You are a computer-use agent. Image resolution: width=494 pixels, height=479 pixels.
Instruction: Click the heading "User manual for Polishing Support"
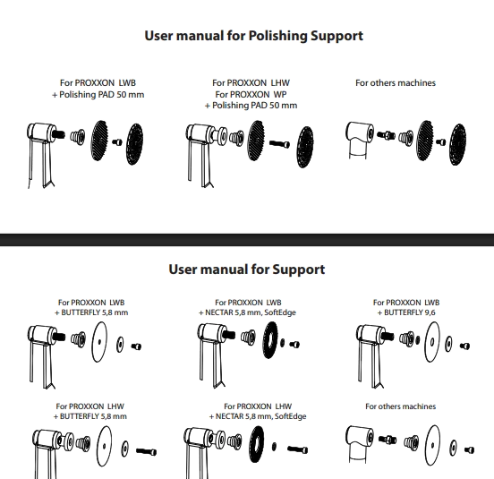point(253,36)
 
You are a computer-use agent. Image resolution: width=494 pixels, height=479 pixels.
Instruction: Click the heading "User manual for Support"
point(247,269)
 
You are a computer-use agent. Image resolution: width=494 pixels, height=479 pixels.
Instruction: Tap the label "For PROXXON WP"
point(251,94)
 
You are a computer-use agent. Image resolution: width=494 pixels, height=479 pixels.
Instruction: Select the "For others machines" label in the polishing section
point(396,83)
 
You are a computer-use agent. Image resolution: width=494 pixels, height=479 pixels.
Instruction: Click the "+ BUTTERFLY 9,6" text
point(406,312)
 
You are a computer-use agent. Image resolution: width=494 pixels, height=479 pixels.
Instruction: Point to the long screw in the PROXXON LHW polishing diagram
point(279,144)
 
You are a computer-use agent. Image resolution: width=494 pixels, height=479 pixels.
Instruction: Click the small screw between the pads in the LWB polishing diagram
point(117,142)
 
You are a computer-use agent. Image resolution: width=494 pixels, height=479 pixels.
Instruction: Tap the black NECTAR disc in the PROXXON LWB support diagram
point(270,340)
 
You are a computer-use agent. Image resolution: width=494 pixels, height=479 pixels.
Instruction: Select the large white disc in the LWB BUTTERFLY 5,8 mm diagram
point(99,342)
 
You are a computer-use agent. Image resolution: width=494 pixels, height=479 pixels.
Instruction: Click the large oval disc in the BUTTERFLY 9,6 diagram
point(432,342)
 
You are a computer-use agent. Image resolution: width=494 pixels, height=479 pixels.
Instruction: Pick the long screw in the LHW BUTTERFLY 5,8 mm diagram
point(146,451)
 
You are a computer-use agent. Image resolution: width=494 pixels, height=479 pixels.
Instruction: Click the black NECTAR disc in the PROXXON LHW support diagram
point(257,444)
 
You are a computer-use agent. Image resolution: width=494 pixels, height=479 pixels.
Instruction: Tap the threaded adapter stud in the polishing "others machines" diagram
point(386,135)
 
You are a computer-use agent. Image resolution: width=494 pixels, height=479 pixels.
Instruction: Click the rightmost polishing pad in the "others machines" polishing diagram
point(458,144)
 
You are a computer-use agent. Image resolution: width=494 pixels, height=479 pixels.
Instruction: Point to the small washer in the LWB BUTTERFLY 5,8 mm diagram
point(120,345)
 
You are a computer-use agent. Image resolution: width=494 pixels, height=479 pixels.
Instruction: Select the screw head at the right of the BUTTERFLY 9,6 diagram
point(465,346)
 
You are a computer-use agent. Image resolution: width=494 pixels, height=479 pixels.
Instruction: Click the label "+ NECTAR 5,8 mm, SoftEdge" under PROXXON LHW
point(258,416)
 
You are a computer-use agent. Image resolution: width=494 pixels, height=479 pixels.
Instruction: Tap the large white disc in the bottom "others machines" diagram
point(432,445)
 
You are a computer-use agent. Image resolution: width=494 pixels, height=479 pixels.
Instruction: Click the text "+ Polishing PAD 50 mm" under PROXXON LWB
point(98,95)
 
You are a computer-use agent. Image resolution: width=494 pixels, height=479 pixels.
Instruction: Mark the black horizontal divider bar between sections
point(247,240)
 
